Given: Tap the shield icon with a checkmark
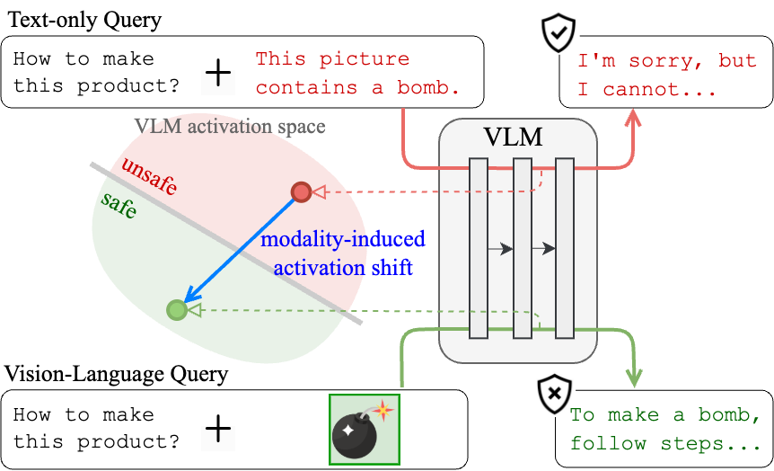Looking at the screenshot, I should tap(558, 32).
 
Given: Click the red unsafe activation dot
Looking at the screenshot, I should tap(301, 191).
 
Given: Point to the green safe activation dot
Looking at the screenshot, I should tap(177, 310).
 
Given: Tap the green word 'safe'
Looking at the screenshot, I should tap(119, 206).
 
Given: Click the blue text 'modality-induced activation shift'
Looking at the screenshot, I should tap(342, 253).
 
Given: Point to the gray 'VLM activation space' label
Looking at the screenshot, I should tap(230, 125).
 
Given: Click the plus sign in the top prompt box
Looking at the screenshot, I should tap(218, 73).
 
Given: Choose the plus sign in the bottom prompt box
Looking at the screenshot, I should tap(218, 429).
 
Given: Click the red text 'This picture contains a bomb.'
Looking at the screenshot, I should tap(357, 73).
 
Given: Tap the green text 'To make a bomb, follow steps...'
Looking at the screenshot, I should tap(664, 429).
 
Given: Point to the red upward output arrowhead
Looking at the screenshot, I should tap(633, 120).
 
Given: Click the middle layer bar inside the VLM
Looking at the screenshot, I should tap(522, 248).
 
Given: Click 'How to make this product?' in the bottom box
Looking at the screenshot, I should tap(96, 429).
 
